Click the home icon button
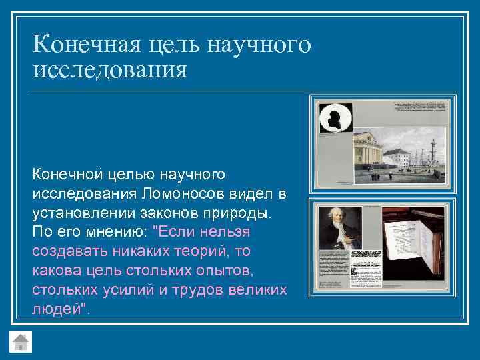(x=21, y=341)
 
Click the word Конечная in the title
(x=83, y=45)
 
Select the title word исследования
(x=109, y=69)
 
